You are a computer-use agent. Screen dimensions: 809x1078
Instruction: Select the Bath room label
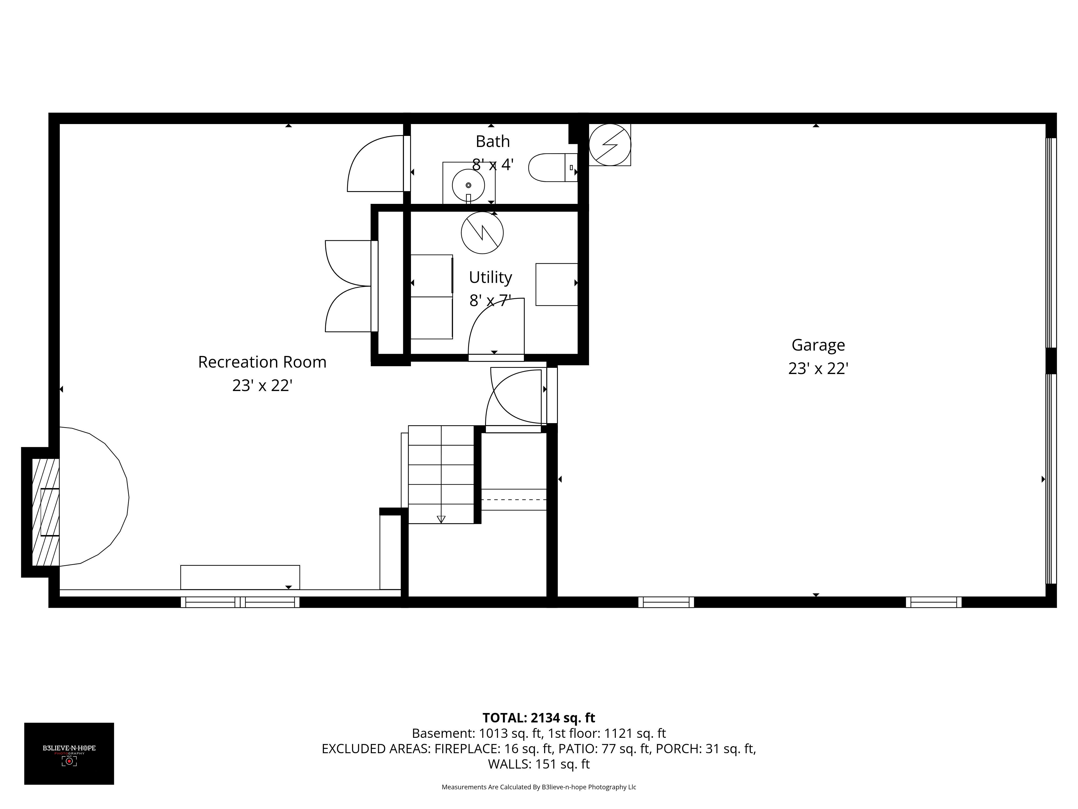493,141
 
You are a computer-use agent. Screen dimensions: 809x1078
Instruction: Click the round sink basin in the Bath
468,185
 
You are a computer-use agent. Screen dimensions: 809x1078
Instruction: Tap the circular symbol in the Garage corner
610,145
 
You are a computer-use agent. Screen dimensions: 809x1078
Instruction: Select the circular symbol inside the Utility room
482,233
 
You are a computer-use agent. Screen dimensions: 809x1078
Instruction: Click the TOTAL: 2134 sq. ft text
538,718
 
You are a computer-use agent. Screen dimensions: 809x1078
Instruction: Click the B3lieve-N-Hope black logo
69,753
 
